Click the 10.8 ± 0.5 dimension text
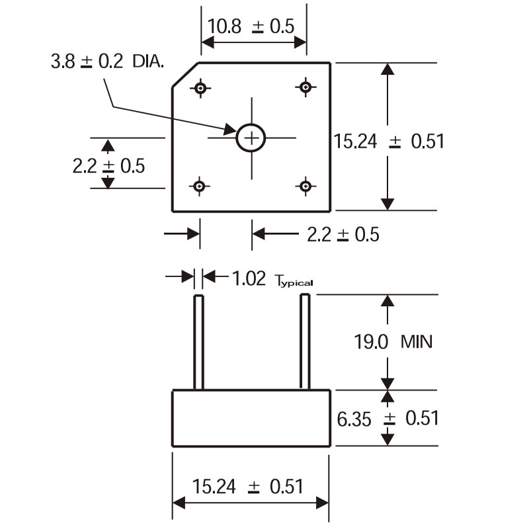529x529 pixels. (x=251, y=26)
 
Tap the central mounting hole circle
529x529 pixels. (x=251, y=138)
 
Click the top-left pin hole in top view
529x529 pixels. (x=200, y=87)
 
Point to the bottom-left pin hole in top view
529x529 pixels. (x=200, y=186)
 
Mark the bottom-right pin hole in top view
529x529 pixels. (x=305, y=186)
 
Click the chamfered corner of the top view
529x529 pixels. (x=185, y=76)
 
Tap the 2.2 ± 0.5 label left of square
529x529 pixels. (x=108, y=165)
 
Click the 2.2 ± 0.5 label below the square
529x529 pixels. (x=343, y=234)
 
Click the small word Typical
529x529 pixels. (x=293, y=281)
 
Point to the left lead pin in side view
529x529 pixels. (x=198, y=343)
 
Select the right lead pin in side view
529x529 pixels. (x=305, y=343)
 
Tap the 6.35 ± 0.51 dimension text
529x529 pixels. (x=387, y=418)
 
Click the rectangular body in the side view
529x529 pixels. (x=251, y=419)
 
